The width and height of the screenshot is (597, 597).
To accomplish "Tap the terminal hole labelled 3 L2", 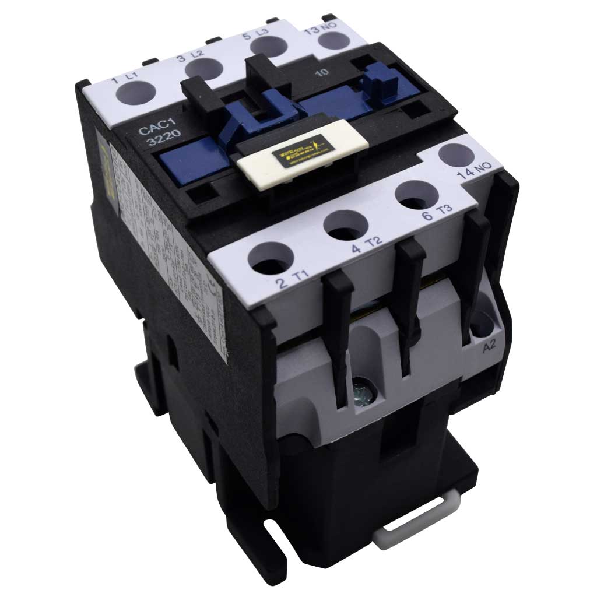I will click(x=201, y=68).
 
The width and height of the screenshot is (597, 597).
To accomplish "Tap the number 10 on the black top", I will click(x=319, y=73).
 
